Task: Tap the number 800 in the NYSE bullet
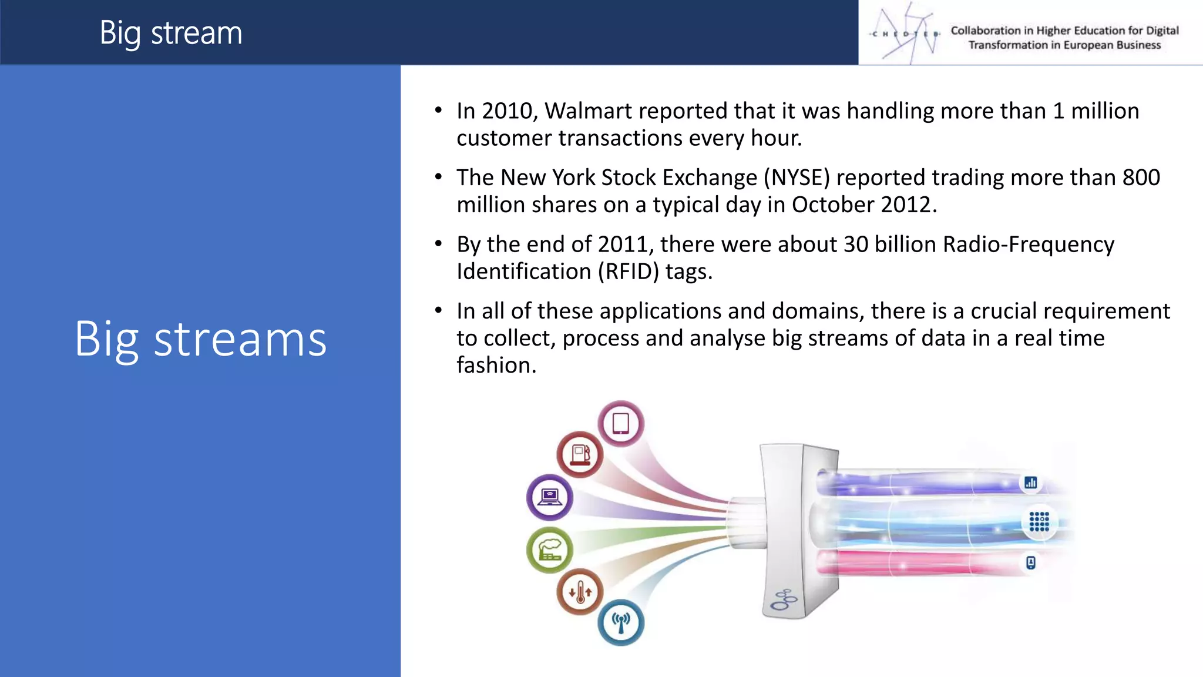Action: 1141,177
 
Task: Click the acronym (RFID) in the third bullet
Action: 629,272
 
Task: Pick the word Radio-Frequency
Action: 1028,244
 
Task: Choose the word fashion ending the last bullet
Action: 496,366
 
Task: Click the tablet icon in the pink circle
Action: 621,424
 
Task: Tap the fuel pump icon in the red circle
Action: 580,454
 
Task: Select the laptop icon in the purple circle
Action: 550,497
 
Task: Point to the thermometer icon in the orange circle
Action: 580,592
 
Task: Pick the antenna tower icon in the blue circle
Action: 621,622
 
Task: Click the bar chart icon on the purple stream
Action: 1030,483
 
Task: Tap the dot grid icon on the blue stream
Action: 1039,521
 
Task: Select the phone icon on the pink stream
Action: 1030,563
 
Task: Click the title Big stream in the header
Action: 170,33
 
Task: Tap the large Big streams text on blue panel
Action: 200,340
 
